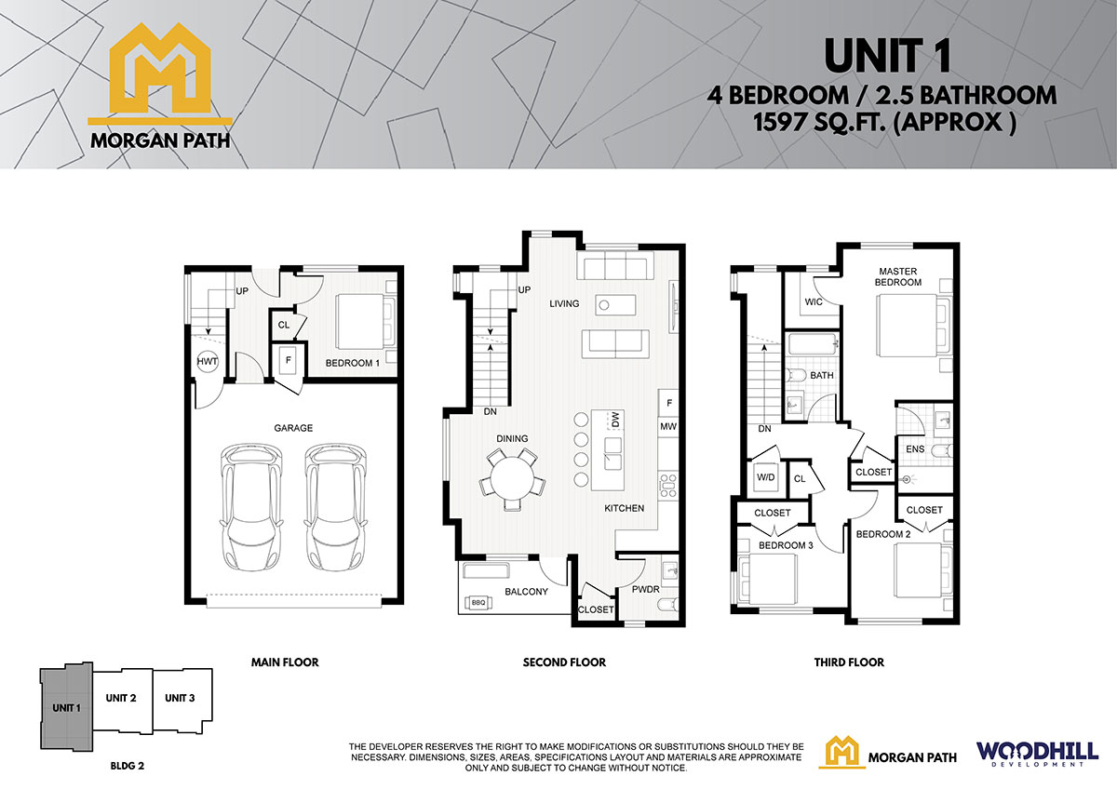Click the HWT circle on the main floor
tap(207, 361)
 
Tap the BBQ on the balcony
tap(478, 603)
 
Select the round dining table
tap(512, 477)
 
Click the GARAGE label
tap(293, 428)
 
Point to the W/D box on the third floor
tap(765, 477)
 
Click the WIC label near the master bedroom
tap(814, 302)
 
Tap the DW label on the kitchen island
tap(615, 420)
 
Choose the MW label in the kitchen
tap(668, 426)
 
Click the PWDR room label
tap(646, 589)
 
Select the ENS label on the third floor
tap(915, 449)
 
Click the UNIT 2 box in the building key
tap(122, 702)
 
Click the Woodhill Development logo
tap(1037, 755)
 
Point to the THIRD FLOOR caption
tap(849, 662)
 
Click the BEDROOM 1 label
tap(353, 363)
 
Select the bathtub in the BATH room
tap(813, 345)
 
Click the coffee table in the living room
tap(615, 304)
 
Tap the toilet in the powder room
tap(667, 605)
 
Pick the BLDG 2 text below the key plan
tap(128, 766)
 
